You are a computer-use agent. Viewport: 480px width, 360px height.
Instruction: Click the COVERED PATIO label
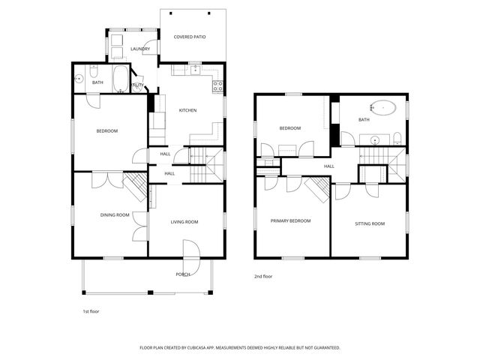[x=189, y=36]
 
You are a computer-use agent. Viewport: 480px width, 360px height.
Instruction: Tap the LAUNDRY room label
[x=140, y=49]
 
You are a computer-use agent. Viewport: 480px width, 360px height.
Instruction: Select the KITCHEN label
[x=187, y=111]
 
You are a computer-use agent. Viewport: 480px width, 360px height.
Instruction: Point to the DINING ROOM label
[x=115, y=215]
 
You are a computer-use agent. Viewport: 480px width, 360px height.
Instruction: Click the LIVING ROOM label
[x=184, y=221]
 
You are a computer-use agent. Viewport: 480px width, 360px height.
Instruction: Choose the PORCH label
[x=183, y=274]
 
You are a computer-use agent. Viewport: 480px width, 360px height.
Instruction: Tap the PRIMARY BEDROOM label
[x=290, y=220]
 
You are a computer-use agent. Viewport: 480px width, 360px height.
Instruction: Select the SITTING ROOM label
[x=369, y=223]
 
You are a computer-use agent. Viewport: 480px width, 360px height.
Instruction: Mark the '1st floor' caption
[x=90, y=310]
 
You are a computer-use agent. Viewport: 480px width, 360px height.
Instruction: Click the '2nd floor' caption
[x=262, y=277]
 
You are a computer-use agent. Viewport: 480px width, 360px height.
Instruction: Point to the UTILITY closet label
[x=138, y=85]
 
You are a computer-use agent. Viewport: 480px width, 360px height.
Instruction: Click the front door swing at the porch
[x=192, y=253]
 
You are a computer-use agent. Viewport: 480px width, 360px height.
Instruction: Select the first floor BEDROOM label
[x=106, y=131]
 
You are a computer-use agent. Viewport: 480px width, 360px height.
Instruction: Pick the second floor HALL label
[x=328, y=166]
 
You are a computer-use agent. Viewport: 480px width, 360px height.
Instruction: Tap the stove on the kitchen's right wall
[x=219, y=85]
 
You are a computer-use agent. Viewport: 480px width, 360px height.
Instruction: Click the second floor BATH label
[x=364, y=119]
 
